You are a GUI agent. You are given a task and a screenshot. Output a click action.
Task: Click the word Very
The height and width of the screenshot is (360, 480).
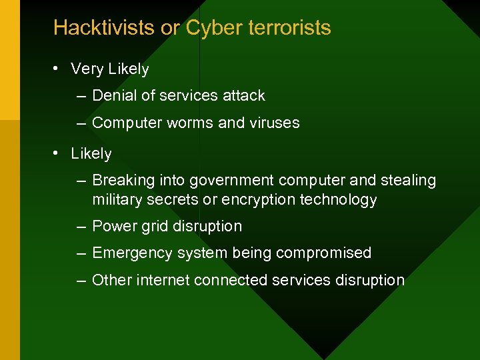pos(86,69)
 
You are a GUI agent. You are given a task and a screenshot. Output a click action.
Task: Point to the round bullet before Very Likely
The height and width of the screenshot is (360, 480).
pos(59,69)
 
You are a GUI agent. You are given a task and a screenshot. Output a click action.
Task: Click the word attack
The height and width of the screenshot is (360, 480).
pos(243,95)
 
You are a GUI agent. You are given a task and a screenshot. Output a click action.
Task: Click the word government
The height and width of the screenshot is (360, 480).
pos(231,181)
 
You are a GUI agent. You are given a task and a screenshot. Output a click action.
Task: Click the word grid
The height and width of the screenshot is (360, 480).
pos(153,226)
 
